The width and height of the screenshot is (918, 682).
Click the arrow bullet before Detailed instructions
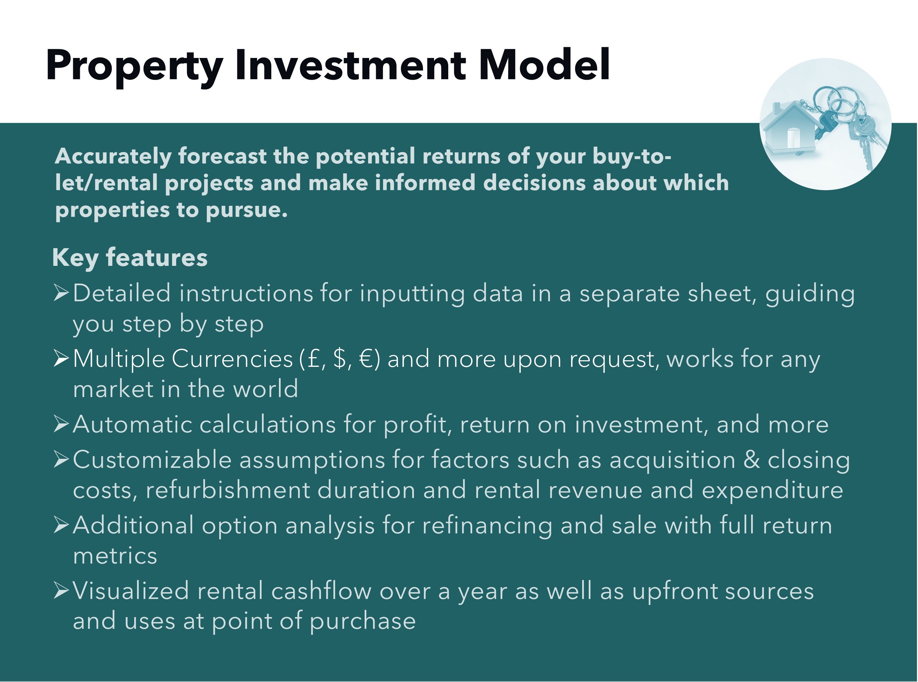click(61, 293)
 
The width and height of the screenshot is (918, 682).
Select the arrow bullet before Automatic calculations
click(61, 424)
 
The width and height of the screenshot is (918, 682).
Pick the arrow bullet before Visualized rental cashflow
click(61, 590)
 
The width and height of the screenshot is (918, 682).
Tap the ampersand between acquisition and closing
click(752, 460)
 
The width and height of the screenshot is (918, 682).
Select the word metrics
click(115, 556)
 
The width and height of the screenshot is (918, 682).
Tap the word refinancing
click(487, 525)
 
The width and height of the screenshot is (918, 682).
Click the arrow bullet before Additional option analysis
click(61, 525)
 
